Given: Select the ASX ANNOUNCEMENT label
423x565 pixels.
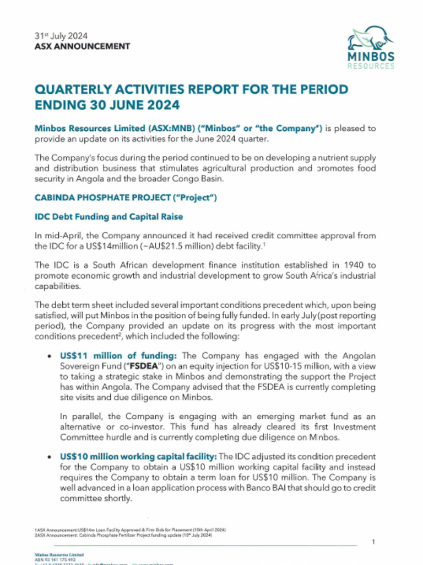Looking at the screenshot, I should [x=82, y=46].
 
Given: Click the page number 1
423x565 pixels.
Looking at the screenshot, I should [x=373, y=542].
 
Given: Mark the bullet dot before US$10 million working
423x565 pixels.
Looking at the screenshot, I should [x=51, y=457].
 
